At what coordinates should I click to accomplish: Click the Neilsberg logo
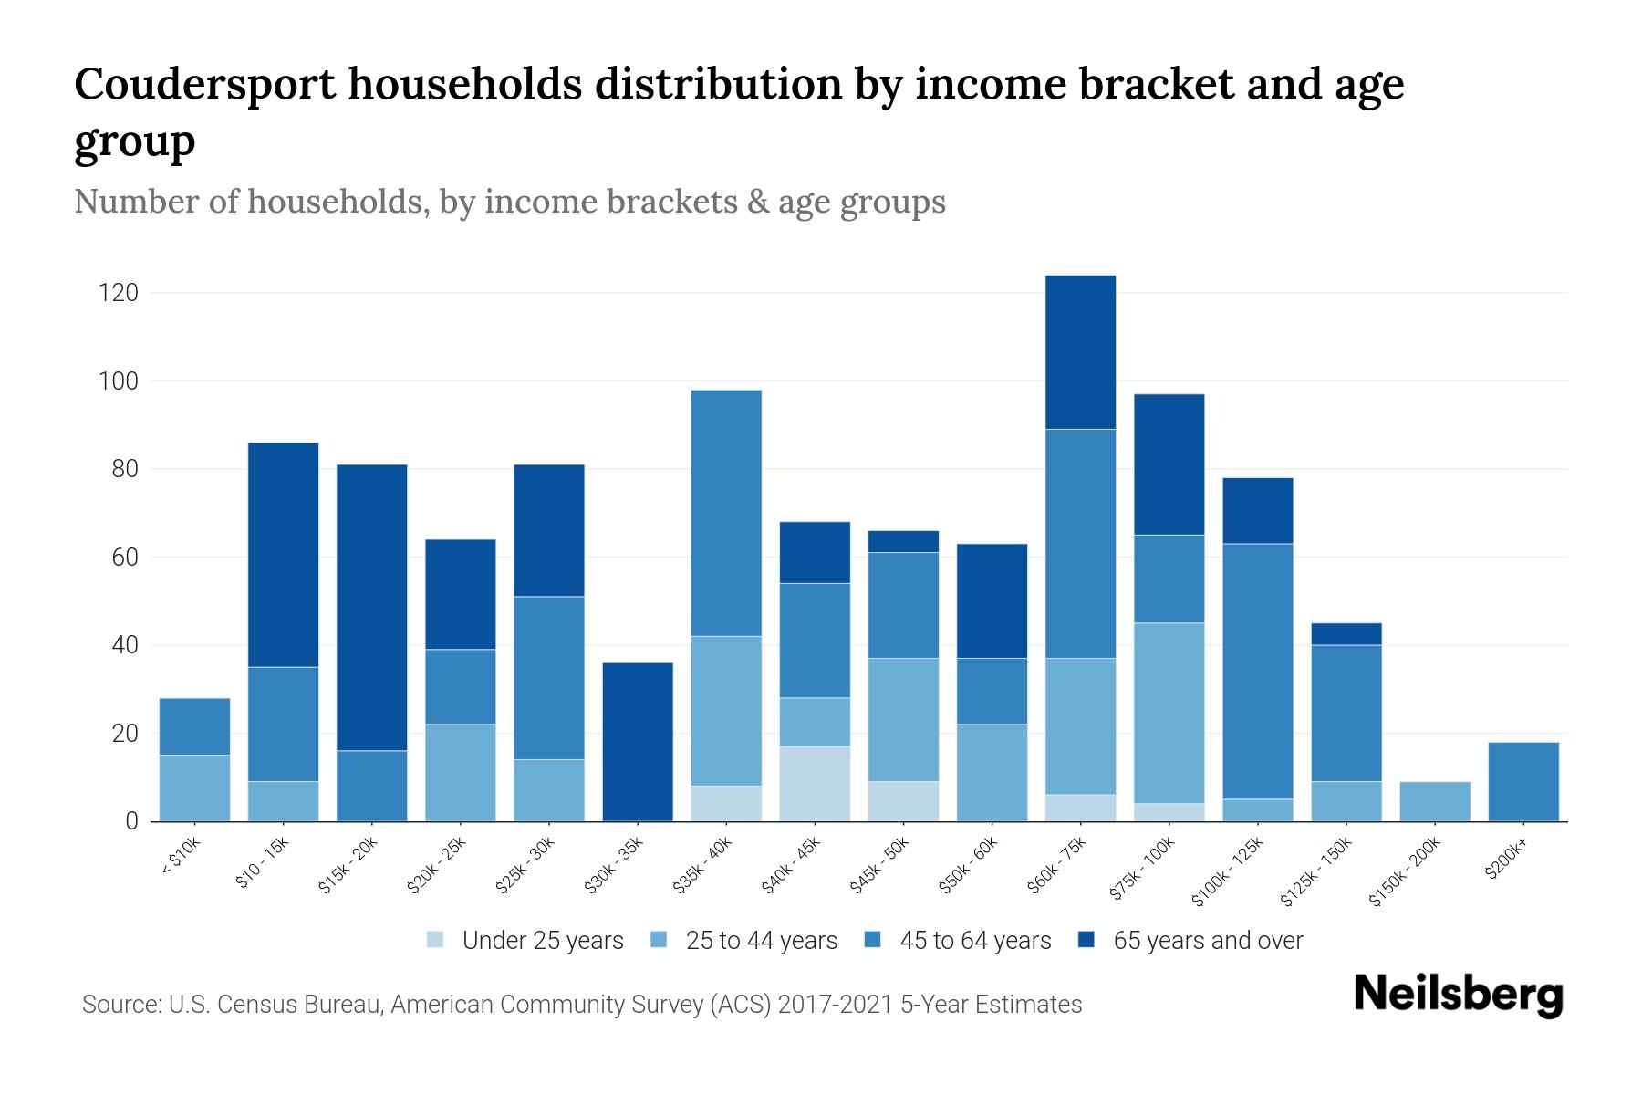[1458, 995]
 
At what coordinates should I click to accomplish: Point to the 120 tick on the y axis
[120, 293]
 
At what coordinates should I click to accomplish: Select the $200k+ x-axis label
[1506, 859]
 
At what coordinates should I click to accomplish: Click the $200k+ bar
[1523, 782]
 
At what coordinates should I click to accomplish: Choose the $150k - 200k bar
[1435, 801]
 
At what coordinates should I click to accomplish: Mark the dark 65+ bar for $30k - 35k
[638, 741]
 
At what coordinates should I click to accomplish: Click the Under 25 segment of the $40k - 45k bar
[815, 783]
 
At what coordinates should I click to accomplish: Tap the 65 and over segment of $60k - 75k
[1080, 352]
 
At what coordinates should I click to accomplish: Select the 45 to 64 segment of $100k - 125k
[1257, 671]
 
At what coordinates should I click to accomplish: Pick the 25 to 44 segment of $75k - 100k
[1169, 713]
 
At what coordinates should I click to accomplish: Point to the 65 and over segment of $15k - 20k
[372, 607]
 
